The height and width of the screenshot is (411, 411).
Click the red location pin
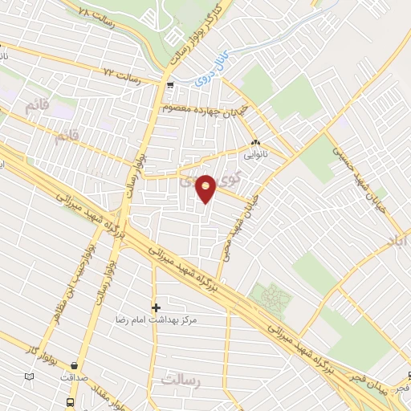click(206, 189)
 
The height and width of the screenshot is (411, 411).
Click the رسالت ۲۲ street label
click(121, 78)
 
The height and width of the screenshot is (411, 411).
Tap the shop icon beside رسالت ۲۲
click(169, 84)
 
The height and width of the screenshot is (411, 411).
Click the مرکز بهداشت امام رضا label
click(201, 319)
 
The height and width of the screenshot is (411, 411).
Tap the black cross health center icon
click(156, 307)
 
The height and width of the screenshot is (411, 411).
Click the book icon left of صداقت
click(30, 376)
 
